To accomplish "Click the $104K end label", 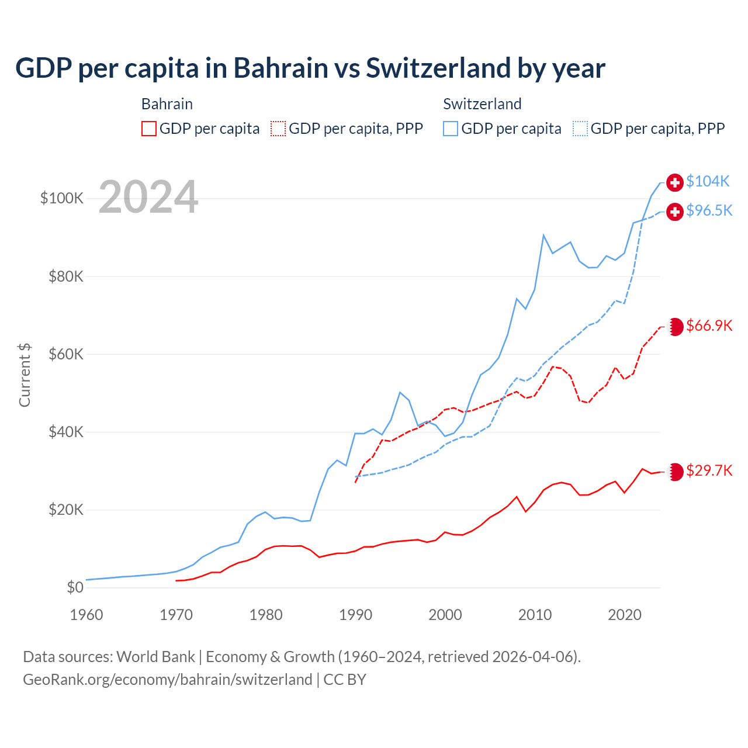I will [708, 182].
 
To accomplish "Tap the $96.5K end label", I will [709, 210].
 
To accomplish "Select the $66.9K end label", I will [709, 325].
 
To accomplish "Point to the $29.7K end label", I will [709, 470].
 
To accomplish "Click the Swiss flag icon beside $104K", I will [675, 182].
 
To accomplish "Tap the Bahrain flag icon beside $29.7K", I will [675, 472].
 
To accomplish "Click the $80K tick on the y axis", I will [66, 276].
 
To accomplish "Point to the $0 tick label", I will [75, 587].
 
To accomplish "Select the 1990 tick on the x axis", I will [355, 615].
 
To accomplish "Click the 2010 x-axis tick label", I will [535, 615].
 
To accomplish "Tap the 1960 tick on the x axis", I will [86, 615].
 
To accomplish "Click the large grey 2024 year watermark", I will [148, 197].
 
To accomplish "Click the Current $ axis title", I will [25, 375].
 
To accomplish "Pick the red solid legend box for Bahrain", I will [149, 129].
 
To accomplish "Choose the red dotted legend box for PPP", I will [278, 129].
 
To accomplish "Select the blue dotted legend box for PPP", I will [580, 129].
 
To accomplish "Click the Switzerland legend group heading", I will [482, 104].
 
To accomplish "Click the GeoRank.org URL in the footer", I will [168, 680].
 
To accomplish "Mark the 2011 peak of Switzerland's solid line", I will [543, 236].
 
